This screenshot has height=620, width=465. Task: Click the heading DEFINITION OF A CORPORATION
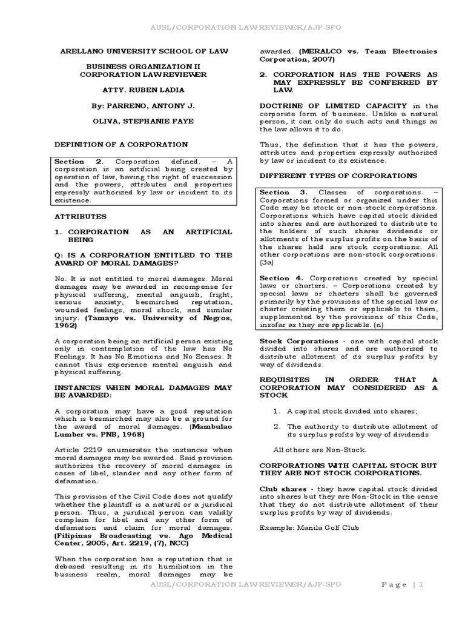coord(121,144)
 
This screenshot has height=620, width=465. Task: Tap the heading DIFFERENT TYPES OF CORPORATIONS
coord(338,175)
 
